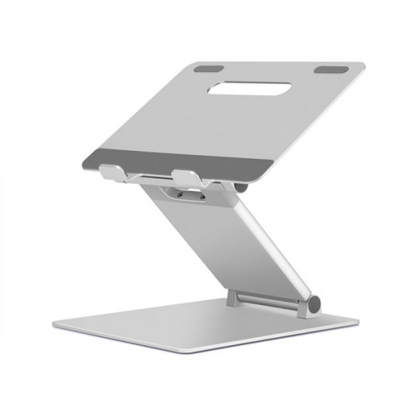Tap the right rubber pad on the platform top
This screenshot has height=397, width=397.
[x=326, y=71]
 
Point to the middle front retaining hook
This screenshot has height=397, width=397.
[x=183, y=174]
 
